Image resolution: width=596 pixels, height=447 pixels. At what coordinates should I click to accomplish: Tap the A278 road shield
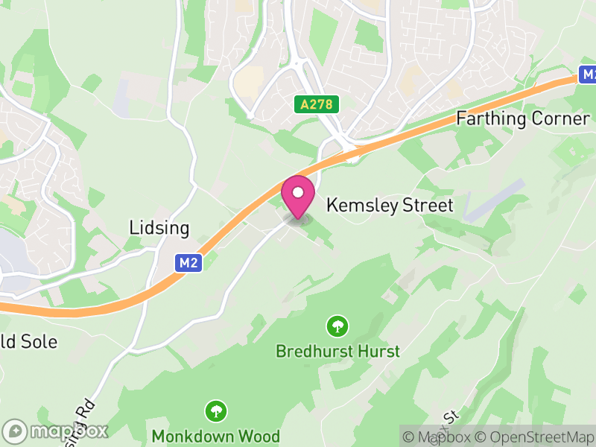click(316, 105)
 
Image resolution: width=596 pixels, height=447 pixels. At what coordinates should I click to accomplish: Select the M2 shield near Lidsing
click(189, 262)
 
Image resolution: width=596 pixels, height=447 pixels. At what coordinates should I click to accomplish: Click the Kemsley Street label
click(390, 205)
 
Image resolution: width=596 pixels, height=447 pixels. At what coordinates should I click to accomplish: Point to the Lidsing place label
click(159, 228)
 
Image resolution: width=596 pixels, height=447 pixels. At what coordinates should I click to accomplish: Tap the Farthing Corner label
click(523, 118)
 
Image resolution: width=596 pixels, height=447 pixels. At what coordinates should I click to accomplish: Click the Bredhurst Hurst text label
click(337, 351)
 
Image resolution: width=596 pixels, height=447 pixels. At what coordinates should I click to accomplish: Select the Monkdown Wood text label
click(216, 436)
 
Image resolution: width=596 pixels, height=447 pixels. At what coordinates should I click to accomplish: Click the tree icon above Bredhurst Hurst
click(337, 326)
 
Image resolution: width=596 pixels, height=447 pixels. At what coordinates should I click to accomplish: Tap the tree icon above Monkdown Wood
click(216, 410)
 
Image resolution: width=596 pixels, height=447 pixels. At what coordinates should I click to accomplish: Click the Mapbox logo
click(56, 431)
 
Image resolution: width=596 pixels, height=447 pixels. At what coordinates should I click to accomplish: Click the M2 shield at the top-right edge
click(589, 74)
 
